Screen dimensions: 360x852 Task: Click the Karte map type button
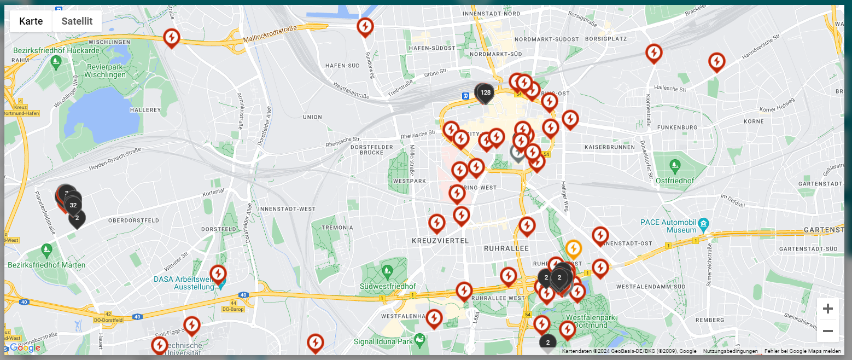coord(31,21)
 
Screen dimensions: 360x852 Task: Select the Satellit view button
coord(77,21)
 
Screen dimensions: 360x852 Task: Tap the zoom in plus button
coord(827,309)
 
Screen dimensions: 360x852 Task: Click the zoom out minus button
coord(827,331)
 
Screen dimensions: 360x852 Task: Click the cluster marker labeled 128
coord(485,92)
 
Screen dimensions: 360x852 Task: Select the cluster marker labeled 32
coord(73,205)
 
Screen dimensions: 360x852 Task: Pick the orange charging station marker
coord(573,249)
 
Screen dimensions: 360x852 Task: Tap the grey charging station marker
coord(517,153)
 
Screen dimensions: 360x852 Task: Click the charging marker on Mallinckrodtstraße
coord(172,38)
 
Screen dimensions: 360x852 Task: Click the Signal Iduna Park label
coord(383,341)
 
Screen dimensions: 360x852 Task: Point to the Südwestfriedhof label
coord(388,286)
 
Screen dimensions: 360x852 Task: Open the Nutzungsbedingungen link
coord(730,351)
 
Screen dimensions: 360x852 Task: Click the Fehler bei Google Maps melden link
coord(802,351)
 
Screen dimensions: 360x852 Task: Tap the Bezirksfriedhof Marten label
coord(46,265)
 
